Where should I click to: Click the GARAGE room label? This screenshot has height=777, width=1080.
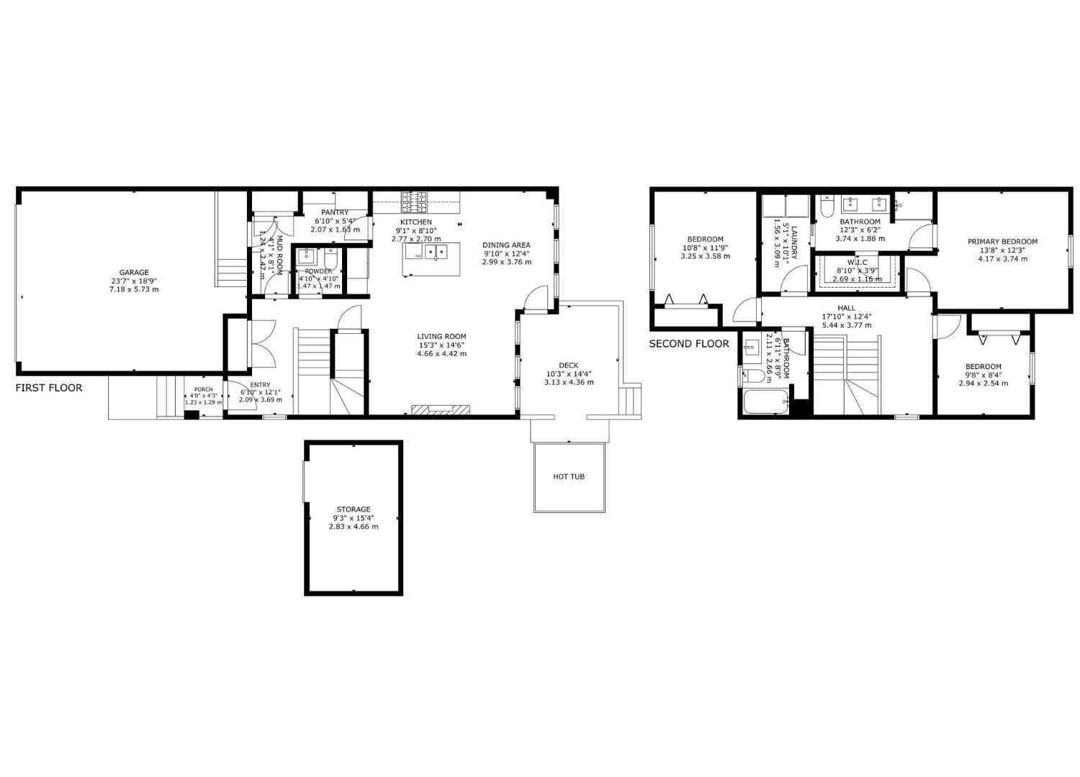coord(134,273)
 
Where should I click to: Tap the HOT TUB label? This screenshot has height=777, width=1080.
coord(568,476)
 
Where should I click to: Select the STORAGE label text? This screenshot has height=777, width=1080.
coord(353,509)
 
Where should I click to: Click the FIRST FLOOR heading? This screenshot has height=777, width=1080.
coord(49,388)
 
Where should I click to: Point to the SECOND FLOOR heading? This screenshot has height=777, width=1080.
coord(689,344)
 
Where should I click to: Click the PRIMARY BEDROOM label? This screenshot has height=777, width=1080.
coord(1002,242)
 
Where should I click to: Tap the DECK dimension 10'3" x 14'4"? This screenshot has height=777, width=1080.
coord(569,374)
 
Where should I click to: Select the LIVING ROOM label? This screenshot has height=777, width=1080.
coord(441,337)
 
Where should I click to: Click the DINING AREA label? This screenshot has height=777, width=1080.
coord(506,245)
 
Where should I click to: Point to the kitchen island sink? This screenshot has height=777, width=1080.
coord(435,252)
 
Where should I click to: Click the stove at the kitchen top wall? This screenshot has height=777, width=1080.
coord(415,199)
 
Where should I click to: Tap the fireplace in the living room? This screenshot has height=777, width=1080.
coord(440,410)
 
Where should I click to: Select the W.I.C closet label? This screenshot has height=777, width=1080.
coord(857,263)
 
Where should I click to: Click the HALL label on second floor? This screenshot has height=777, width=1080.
coord(846,308)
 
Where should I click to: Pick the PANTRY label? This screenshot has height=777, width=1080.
coord(335,212)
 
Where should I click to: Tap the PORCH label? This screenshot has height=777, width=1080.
coord(203,389)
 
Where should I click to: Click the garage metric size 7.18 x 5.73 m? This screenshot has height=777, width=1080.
coord(134,289)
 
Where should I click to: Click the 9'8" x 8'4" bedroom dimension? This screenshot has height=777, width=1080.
coord(983,375)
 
